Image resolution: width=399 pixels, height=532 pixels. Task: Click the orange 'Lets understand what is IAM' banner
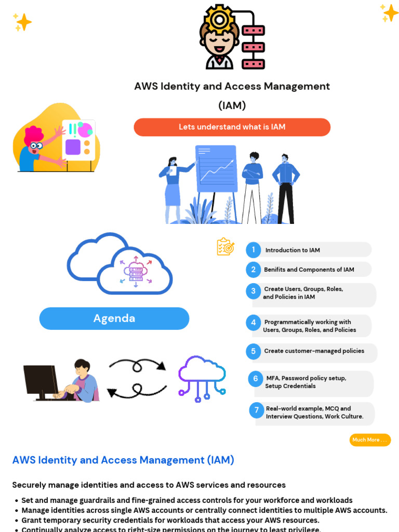pyautogui.click(x=232, y=127)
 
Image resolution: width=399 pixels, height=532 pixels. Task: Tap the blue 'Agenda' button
pyautogui.click(x=114, y=318)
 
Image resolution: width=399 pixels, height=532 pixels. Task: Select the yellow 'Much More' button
pyautogui.click(x=370, y=440)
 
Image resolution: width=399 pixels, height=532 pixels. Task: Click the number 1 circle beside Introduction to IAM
pyautogui.click(x=253, y=250)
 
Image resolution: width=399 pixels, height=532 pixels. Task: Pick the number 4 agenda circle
pyautogui.click(x=253, y=323)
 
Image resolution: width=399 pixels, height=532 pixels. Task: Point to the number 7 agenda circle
pyautogui.click(x=256, y=410)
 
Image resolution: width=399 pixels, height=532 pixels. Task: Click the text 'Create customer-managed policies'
pyautogui.click(x=314, y=351)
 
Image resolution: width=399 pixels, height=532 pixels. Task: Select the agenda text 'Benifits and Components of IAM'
pyautogui.click(x=309, y=270)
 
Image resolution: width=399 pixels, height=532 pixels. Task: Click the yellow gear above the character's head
pyautogui.click(x=219, y=20)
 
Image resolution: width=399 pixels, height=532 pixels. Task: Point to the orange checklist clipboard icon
pyautogui.click(x=225, y=247)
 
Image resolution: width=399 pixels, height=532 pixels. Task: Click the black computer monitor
pyautogui.click(x=40, y=381)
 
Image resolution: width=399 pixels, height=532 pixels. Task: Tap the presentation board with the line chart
pyautogui.click(x=216, y=169)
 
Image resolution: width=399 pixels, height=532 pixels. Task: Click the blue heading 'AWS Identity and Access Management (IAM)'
pyautogui.click(x=123, y=460)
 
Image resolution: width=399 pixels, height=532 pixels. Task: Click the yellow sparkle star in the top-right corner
pyautogui.click(x=389, y=12)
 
